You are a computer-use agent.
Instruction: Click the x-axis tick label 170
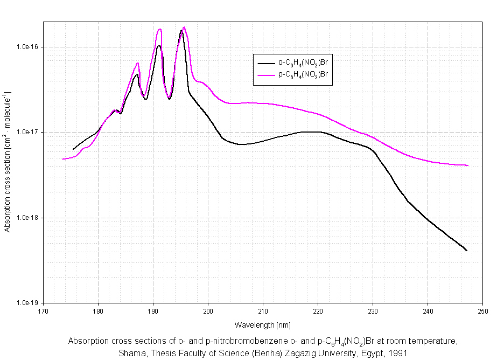43,311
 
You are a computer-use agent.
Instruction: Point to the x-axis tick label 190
153,311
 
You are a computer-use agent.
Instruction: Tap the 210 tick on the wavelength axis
263,311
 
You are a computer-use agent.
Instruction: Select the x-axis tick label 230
373,311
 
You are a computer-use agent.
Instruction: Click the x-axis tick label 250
482,311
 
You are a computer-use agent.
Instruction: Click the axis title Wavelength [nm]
262,325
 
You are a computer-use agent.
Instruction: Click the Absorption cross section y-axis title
8,162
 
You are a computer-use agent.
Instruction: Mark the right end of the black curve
466,251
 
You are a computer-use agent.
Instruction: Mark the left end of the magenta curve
63,159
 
